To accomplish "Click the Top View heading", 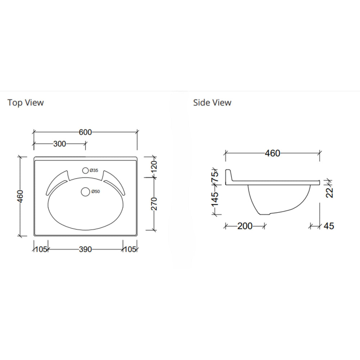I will tap(26, 103).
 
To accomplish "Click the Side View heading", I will tap(212, 103).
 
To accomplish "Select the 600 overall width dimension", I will tap(85, 132).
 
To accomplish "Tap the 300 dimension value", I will tap(59, 144).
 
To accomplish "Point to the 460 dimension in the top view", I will tap(21, 196).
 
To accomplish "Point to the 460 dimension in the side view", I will tap(272, 153).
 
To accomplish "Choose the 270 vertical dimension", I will tap(154, 204).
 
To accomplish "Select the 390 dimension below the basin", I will tap(85, 249).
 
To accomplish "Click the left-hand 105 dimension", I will tap(40, 249).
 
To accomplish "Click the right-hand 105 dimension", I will tap(130, 249).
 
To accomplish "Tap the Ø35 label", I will tap(94, 171).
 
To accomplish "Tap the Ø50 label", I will tap(95, 192).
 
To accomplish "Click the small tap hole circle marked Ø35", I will tap(86, 171).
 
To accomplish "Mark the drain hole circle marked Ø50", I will tap(85, 192).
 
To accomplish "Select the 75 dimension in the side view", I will tap(215, 176).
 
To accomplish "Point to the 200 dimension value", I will tap(245, 226).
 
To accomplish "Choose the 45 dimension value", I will tap(329, 226).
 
